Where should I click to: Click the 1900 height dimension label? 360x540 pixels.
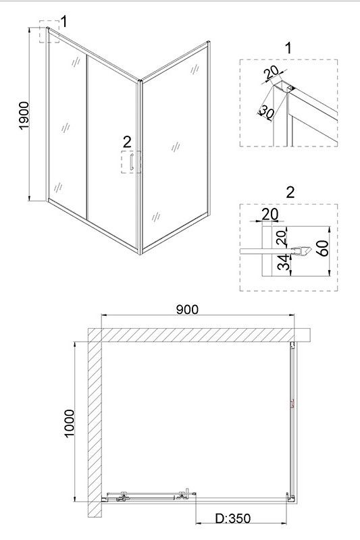click(25, 115)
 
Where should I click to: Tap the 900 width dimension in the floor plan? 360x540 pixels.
click(187, 309)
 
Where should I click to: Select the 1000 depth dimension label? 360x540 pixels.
click(70, 423)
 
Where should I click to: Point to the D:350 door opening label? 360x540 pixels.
click(233, 518)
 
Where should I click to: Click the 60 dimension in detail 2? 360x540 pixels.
click(324, 248)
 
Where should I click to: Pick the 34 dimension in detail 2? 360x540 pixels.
click(284, 263)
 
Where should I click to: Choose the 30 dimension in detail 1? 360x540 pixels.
click(267, 111)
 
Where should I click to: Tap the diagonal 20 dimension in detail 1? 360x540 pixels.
click(271, 73)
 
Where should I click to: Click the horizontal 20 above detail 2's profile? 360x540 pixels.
click(270, 214)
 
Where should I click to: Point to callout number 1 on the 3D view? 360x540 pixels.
click(63, 22)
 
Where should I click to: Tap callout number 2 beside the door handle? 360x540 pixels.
click(127, 142)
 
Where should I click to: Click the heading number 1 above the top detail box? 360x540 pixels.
click(288, 48)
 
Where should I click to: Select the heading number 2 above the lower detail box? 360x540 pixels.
click(290, 192)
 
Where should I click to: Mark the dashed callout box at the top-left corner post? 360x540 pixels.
click(49, 31)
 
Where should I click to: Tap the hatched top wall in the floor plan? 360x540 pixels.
click(199, 335)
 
